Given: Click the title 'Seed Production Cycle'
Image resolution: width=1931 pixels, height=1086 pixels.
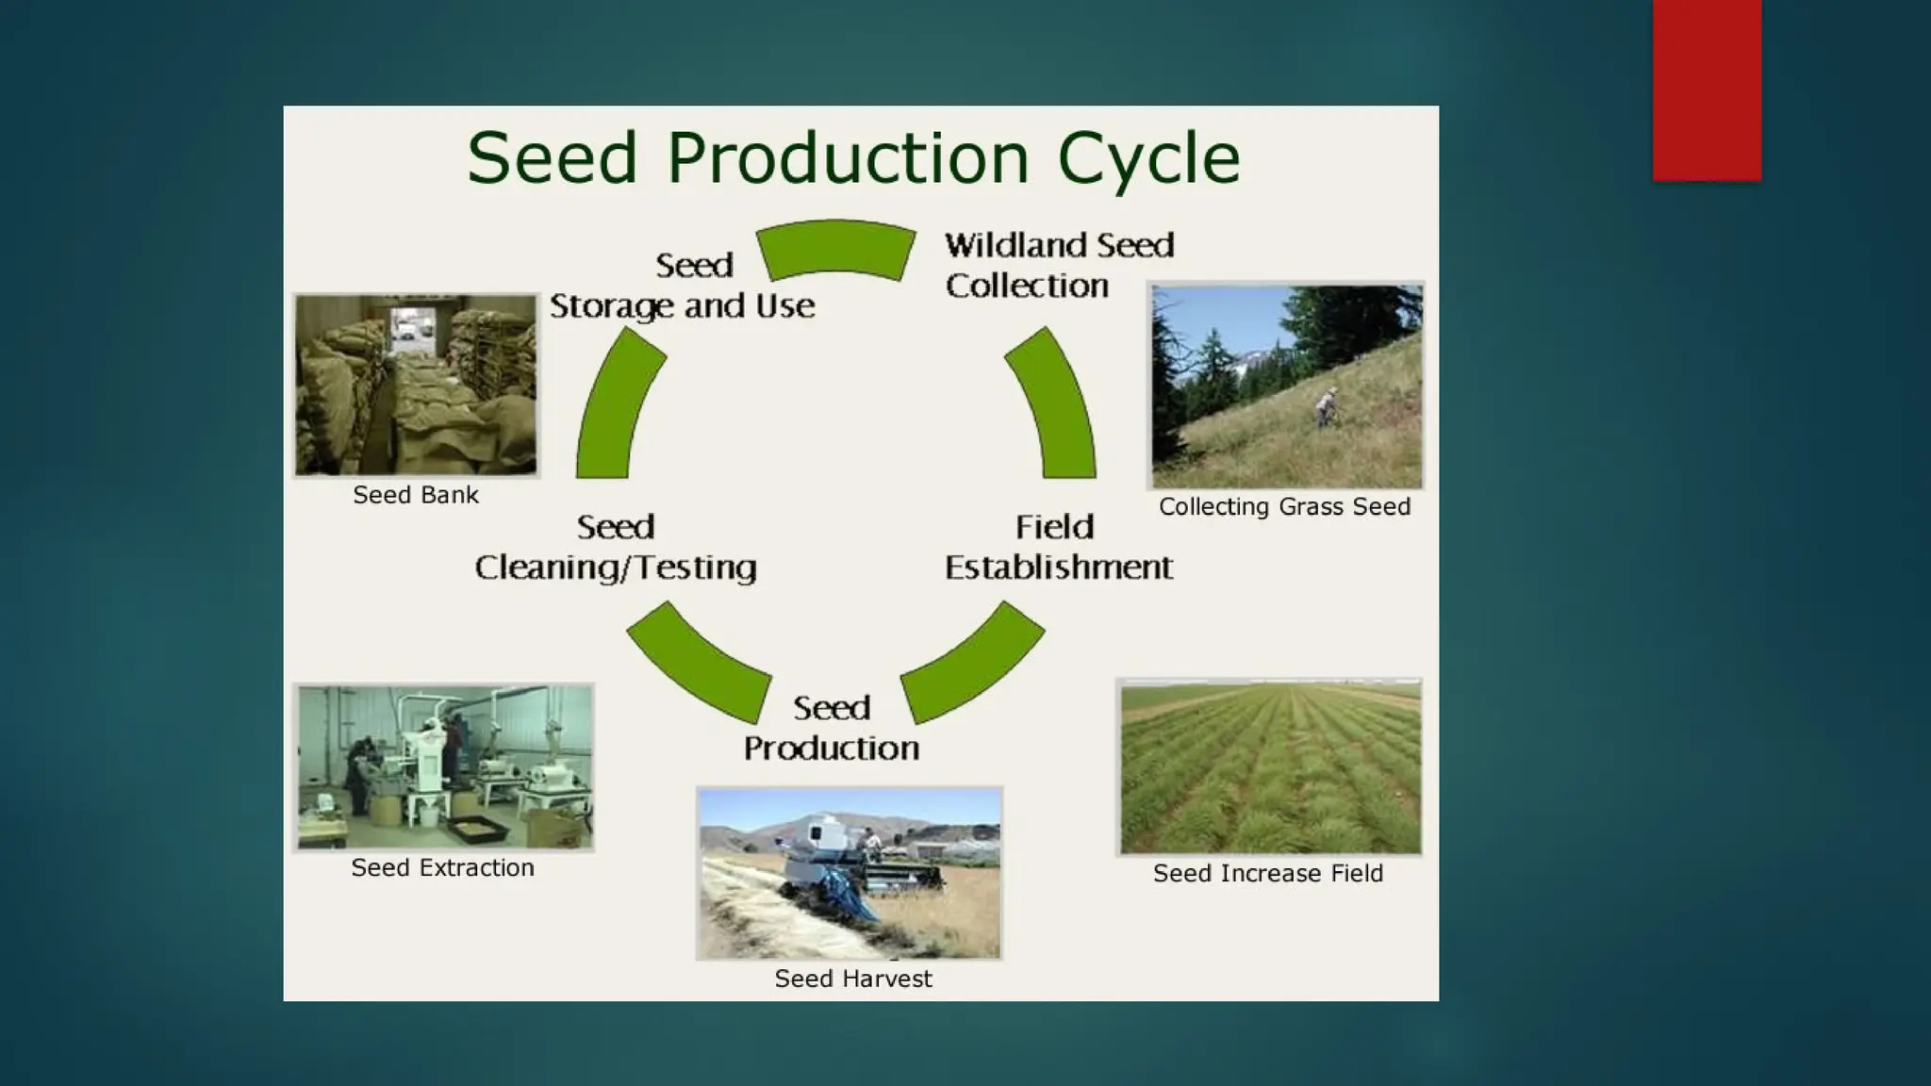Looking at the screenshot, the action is click(853, 157).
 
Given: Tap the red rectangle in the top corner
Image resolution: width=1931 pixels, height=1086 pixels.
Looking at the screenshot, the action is click(1707, 90).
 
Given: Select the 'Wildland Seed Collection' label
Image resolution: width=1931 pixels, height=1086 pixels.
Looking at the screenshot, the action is click(1059, 265).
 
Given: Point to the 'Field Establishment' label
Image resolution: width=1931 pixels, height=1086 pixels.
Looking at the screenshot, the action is click(1058, 547).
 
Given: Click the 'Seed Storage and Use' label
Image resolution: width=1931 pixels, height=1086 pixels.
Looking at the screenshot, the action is click(683, 285).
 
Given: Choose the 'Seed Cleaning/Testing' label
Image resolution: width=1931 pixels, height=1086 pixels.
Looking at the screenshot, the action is click(616, 547).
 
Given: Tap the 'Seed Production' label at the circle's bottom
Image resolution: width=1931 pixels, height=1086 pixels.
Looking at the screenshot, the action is click(831, 728).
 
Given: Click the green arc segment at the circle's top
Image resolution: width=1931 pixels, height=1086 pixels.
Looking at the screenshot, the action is click(836, 249).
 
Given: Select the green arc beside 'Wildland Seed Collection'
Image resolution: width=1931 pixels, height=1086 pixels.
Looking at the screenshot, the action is click(1054, 405).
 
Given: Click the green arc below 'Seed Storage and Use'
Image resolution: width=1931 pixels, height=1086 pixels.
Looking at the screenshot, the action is click(618, 405).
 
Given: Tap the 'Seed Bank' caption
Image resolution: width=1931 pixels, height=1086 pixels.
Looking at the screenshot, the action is click(416, 495).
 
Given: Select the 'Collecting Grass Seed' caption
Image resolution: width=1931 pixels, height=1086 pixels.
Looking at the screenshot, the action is click(1284, 507).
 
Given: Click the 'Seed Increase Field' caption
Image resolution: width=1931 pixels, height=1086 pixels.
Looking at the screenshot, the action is click(1268, 874).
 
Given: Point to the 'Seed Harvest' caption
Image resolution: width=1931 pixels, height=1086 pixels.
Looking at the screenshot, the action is click(853, 979).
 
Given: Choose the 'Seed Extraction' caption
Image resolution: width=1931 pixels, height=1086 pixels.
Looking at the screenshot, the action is click(442, 868).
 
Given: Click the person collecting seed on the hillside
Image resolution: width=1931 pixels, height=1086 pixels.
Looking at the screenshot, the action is click(1328, 406).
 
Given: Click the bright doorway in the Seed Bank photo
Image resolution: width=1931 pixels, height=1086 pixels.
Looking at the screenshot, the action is click(412, 325).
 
